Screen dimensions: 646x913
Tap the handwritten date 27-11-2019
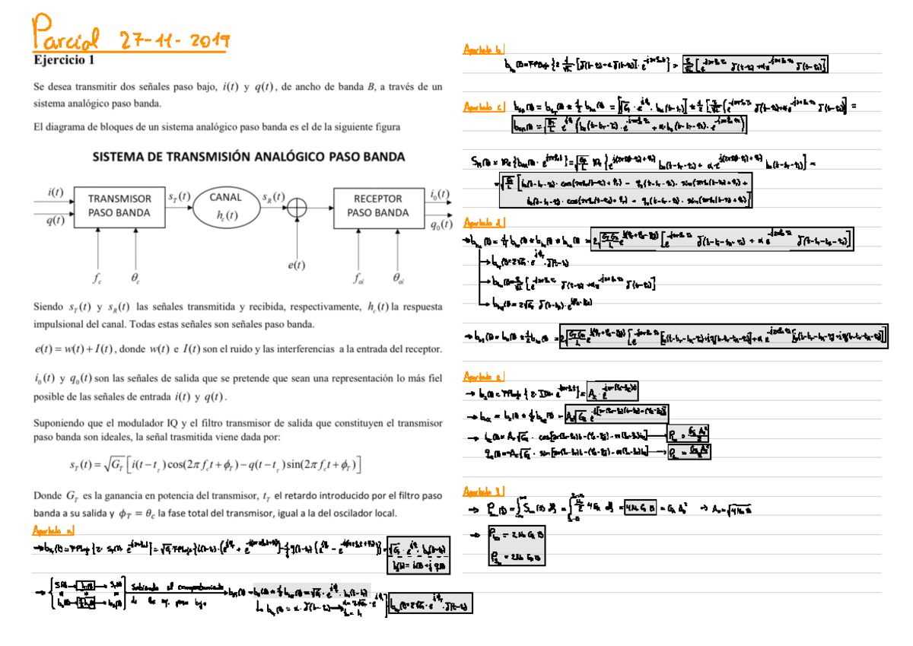coord(175,40)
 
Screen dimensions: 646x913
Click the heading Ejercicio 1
coord(65,59)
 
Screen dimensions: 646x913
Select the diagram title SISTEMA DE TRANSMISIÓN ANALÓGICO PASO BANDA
coord(249,158)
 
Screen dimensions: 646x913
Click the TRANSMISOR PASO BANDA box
coord(119,205)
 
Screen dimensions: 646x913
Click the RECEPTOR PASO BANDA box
coord(377,205)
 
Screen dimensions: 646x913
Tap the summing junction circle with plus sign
coord(297,206)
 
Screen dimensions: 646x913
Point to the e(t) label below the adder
coord(297,266)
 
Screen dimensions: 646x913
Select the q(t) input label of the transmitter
coord(55,221)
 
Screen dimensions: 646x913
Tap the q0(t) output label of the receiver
coord(439,224)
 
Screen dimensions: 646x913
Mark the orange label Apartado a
coord(54,530)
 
